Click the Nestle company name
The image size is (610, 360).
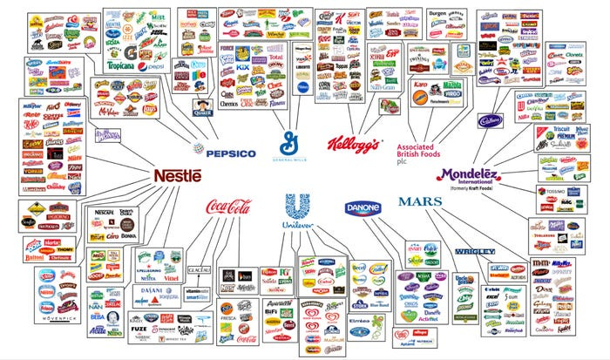point(177,175)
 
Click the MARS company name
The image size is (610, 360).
point(421,201)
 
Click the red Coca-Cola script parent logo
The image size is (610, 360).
point(228,207)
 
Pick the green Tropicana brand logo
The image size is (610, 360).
point(121,65)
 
